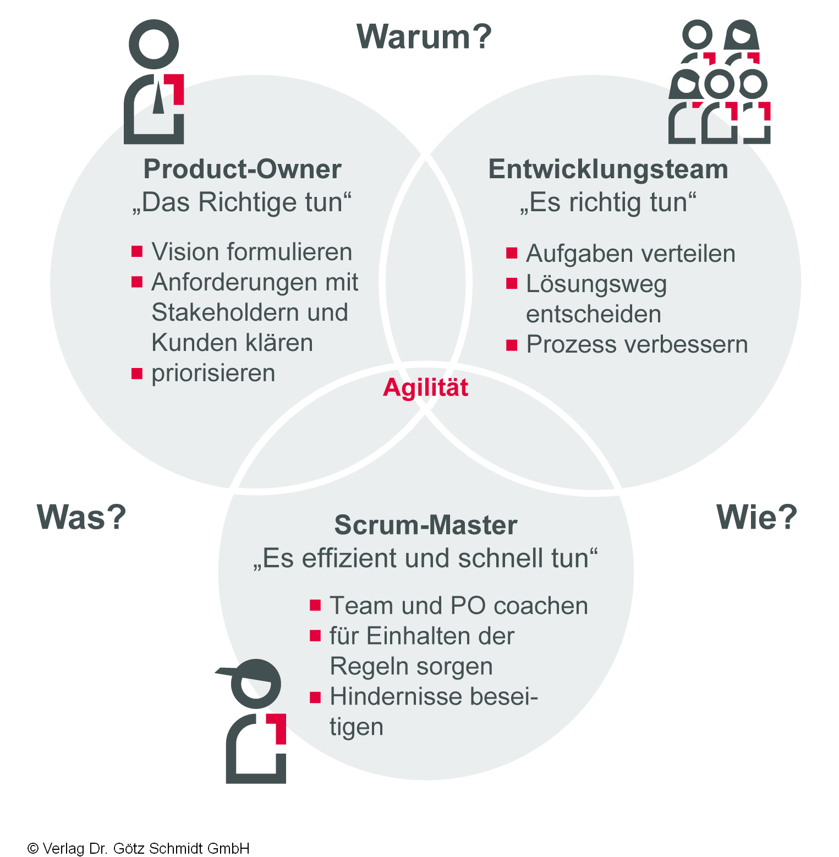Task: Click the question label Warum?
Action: click(424, 37)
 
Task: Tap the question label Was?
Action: click(81, 517)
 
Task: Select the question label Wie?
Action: click(756, 517)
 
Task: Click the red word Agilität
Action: click(426, 387)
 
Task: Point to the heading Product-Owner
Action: click(242, 169)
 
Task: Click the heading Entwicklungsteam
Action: click(608, 169)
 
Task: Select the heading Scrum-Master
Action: click(426, 525)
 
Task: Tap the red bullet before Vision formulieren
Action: click(137, 252)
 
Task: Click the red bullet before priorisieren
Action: click(137, 374)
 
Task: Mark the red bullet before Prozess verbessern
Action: click(512, 345)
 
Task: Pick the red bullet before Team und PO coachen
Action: click(315, 606)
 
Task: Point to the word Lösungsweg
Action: click(596, 284)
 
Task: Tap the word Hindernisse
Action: click(396, 696)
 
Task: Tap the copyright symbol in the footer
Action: click(33, 848)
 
